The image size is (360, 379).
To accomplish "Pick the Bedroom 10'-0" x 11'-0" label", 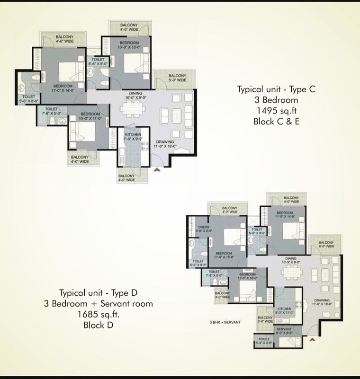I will coord(90,116).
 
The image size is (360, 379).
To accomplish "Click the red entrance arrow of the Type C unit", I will coord(157,169).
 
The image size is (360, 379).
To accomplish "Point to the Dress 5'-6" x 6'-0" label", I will coord(204,229).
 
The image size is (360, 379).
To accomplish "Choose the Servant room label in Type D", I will coord(284,331).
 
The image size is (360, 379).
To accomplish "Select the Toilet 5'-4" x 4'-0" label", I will coord(264,341).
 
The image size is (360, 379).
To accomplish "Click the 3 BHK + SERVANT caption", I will coord(225,322).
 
